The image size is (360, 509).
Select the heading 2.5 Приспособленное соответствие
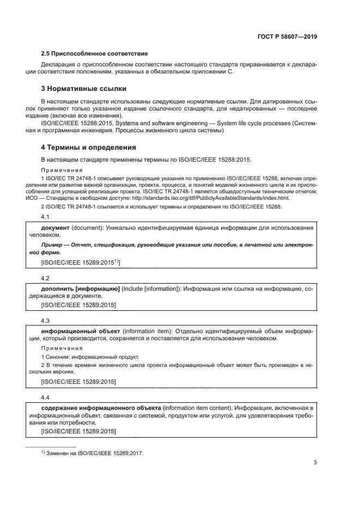point(95,54)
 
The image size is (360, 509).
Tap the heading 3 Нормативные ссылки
point(85,88)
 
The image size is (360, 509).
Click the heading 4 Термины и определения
point(89,147)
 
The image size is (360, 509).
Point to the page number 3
point(315,463)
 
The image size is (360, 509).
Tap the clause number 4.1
point(46,217)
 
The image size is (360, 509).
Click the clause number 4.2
point(46,277)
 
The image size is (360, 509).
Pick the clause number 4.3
point(46,321)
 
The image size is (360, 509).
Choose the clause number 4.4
point(46,397)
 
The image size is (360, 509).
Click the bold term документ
point(56,227)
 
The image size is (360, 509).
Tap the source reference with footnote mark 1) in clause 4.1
point(81,262)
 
